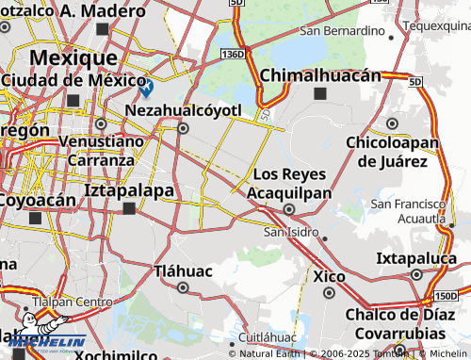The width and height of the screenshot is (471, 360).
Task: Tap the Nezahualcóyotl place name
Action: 184,110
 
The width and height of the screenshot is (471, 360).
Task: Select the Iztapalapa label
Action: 129,190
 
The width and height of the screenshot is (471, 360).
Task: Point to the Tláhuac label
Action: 183,271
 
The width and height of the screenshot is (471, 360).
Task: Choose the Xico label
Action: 329,277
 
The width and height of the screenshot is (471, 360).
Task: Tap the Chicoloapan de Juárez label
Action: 394,151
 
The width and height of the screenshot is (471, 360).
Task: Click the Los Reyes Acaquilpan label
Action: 290,184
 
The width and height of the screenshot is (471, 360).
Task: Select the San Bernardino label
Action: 342,31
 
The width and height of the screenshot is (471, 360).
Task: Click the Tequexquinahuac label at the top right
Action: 436,25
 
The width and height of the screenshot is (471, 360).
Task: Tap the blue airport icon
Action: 146,89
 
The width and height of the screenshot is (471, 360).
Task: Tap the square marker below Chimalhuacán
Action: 320,93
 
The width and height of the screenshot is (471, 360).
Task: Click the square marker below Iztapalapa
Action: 130,209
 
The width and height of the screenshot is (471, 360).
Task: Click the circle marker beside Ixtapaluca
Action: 416,274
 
